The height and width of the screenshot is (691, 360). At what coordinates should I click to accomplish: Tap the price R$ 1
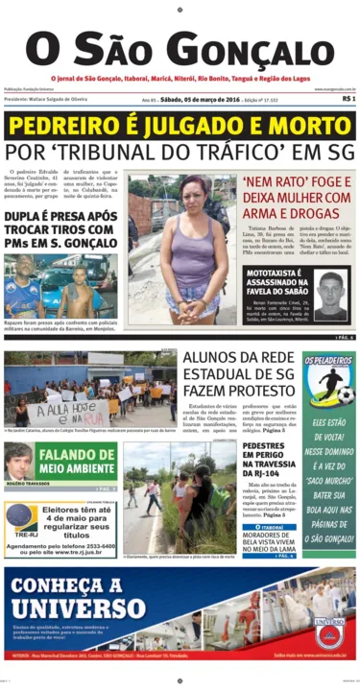pyautogui.click(x=348, y=98)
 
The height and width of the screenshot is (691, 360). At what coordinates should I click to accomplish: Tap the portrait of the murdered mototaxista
pyautogui.click(x=329, y=294)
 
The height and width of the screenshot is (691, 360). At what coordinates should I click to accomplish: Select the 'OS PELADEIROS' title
pyautogui.click(x=328, y=362)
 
